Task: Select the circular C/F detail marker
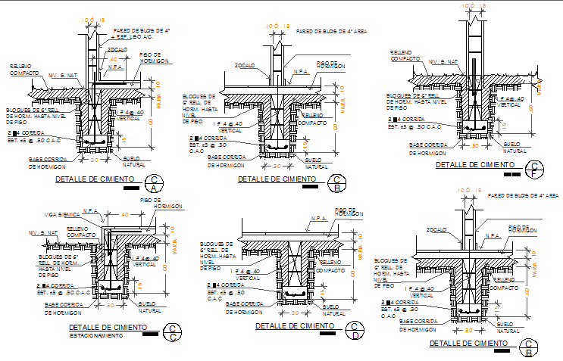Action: click(535, 169)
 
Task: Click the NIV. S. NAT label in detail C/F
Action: click(443, 62)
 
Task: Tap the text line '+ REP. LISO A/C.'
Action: click(133, 36)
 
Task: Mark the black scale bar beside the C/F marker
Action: click(518, 175)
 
